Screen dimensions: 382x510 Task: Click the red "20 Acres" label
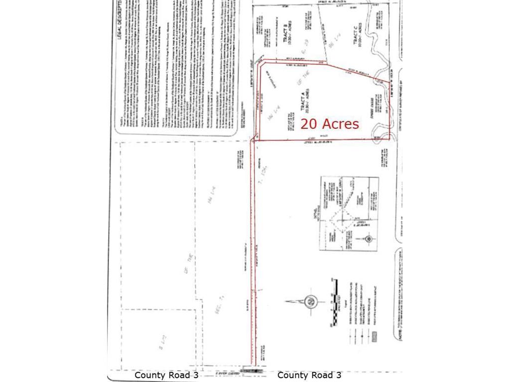pyautogui.click(x=329, y=124)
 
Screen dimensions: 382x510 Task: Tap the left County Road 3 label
pyautogui.click(x=166, y=375)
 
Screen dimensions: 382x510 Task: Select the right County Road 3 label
pyautogui.click(x=309, y=375)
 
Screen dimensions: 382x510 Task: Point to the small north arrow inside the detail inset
pyautogui.click(x=368, y=239)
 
